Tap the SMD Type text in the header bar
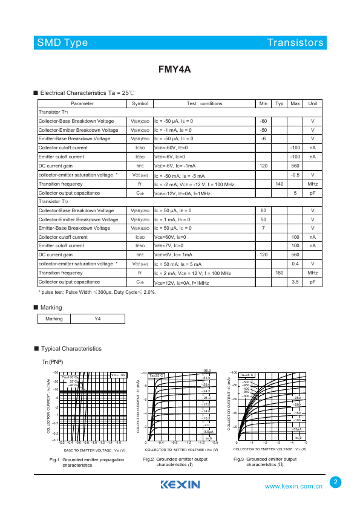[x=62, y=43]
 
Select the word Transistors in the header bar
[x=295, y=43]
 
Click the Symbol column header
[x=140, y=104]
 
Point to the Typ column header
[x=280, y=104]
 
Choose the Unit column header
[x=312, y=104]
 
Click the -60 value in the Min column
[x=263, y=122]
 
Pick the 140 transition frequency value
[x=280, y=184]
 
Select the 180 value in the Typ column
[x=280, y=273]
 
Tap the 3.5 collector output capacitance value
[x=295, y=282]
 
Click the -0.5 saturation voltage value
[x=295, y=175]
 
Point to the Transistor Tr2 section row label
[x=54, y=201]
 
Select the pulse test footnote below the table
[x=97, y=293]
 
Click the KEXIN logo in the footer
[x=180, y=485]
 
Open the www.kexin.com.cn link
[x=295, y=486]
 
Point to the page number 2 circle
[x=336, y=482]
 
